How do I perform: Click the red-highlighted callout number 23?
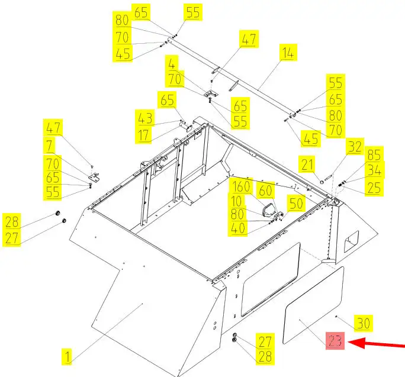[335, 340]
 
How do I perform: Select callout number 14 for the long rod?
[288, 53]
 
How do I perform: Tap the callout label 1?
[67, 357]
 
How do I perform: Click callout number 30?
[364, 323]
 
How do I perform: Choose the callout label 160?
[241, 186]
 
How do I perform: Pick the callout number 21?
[307, 164]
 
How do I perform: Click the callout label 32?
[355, 146]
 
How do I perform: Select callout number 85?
[374, 155]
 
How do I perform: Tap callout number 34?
[374, 170]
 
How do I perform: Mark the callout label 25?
[374, 188]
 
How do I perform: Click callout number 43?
[145, 118]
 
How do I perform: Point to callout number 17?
[143, 135]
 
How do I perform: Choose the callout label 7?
[50, 146]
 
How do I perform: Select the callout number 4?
[172, 64]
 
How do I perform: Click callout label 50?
[296, 204]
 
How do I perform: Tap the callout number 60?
[265, 191]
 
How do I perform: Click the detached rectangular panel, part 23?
[314, 305]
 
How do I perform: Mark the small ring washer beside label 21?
[322, 182]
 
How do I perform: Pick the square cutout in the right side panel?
[351, 241]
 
